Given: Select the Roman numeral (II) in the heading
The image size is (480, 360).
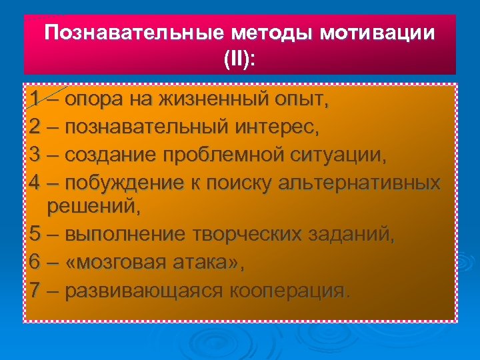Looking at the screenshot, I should [x=240, y=59].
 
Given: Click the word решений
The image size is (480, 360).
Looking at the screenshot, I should [x=93, y=207].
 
